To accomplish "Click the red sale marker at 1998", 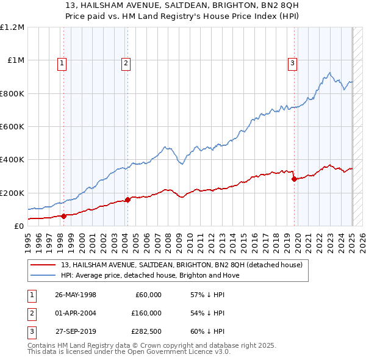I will tap(63, 215).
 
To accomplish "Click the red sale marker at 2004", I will tap(127, 200).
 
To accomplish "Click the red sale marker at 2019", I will tap(294, 179).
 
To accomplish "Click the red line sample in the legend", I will tap(43, 265).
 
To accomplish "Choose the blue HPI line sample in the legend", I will tap(43, 275).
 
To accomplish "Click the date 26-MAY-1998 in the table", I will tap(76, 295).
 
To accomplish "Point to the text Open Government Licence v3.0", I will tap(182, 352).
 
